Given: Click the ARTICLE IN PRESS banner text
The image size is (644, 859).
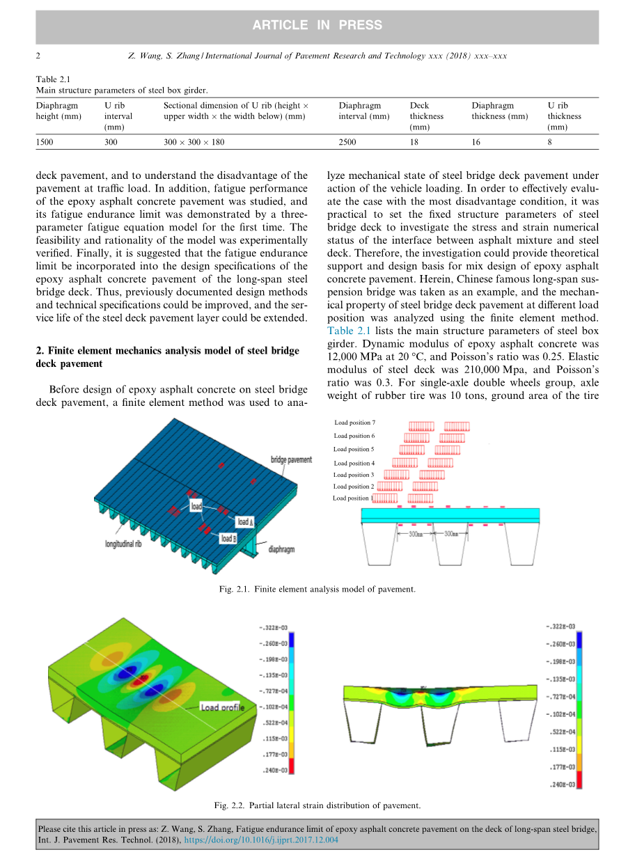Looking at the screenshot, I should tap(317, 25).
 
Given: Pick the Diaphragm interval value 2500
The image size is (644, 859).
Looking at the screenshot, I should tap(347, 142).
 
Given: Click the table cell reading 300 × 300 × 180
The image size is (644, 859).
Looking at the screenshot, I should tap(194, 142).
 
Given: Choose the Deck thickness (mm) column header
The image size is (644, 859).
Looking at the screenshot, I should tap(426, 116).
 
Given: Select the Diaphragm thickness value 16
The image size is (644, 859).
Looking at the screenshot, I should tap(476, 142).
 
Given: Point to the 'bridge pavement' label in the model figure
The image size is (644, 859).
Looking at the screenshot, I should tap(291, 460).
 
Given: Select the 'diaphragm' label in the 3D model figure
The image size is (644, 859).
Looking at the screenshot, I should tap(281, 549).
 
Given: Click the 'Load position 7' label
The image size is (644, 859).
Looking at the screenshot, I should tap(354, 423).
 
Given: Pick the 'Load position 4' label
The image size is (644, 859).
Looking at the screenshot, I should tap(354, 463).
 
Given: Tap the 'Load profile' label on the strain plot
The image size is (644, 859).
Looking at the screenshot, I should tap(222, 707).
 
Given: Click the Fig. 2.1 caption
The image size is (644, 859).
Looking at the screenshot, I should tap(316, 589).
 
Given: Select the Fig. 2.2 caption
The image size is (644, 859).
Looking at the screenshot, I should tap(317, 805).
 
